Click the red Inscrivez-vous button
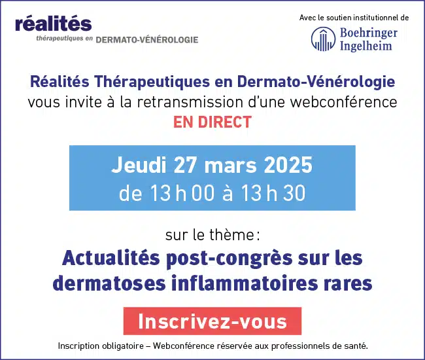pos(212,321)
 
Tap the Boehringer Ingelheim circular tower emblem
pos(324,39)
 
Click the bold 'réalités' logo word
pos(54,24)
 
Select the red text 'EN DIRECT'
pos(212,122)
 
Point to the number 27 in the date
pos(185,165)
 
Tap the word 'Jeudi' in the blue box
pos(139,165)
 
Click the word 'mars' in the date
pos(230,166)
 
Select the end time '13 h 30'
pos(273,193)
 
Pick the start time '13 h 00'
pos(182,193)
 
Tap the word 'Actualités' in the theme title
pos(111,258)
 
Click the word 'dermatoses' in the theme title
pos(109,283)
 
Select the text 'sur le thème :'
pos(212,235)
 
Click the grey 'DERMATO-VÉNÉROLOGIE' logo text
pos(147,40)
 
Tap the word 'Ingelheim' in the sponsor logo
pos(366,45)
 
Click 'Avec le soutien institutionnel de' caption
pos(354,18)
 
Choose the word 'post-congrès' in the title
pos(229,259)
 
